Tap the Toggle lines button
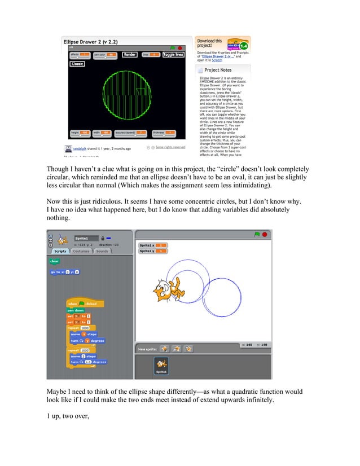[174, 55]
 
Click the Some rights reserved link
[170, 147]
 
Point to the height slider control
[79, 133]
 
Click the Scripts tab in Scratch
[60, 251]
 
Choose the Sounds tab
[102, 251]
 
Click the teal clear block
[55, 261]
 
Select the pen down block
[75, 310]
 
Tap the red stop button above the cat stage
[265, 234]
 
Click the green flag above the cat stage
[257, 234]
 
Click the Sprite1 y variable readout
[151, 251]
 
